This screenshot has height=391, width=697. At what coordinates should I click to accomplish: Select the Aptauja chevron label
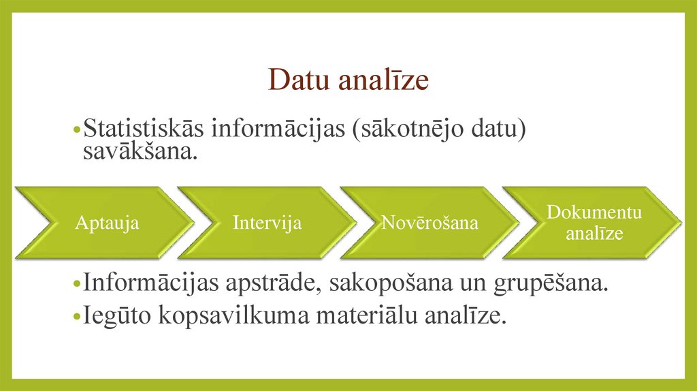[x=108, y=223]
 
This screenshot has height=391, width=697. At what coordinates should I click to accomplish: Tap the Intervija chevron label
[x=267, y=223]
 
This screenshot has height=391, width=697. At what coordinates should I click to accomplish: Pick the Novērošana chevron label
[x=429, y=223]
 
